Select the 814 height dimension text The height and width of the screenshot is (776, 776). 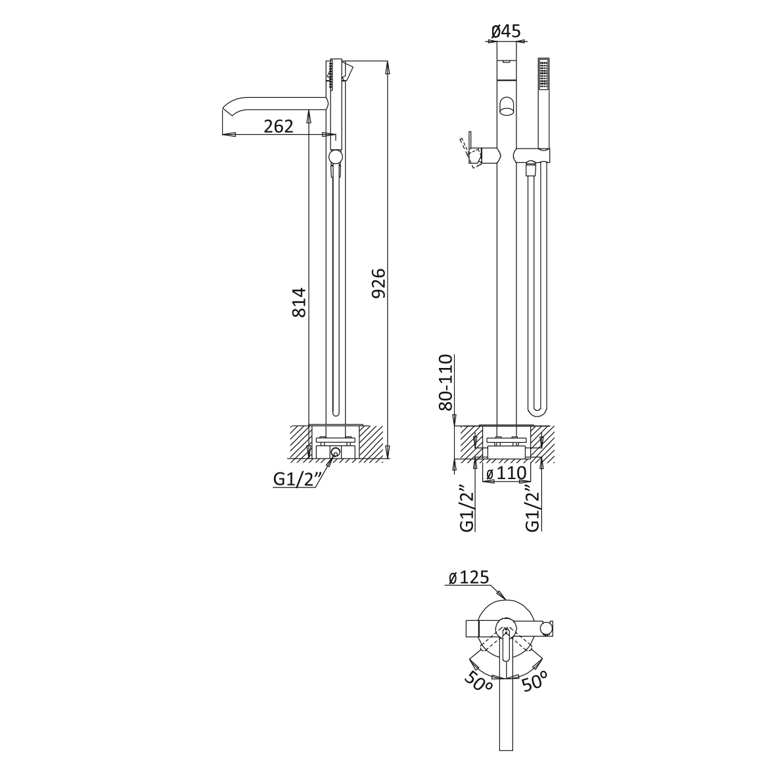pyautogui.click(x=299, y=302)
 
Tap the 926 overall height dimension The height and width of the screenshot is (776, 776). pyautogui.click(x=378, y=283)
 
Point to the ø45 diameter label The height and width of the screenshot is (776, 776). pyautogui.click(x=507, y=31)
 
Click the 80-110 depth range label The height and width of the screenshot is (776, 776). pyautogui.click(x=445, y=382)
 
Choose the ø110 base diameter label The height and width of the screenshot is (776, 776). pyautogui.click(x=507, y=473)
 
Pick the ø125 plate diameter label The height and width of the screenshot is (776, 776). pyautogui.click(x=468, y=577)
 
